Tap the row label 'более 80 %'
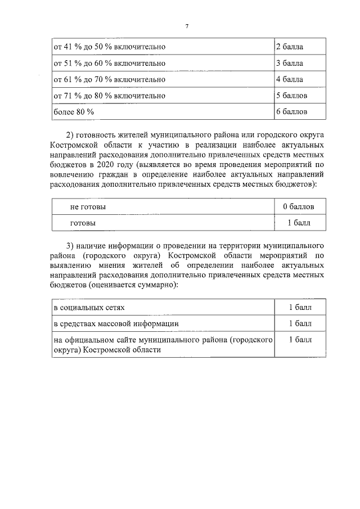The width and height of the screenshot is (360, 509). [x=74, y=112]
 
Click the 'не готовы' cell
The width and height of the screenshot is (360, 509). [x=88, y=207]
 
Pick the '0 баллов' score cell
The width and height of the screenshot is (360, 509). [x=298, y=207]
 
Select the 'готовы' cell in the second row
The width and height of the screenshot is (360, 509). [x=83, y=223]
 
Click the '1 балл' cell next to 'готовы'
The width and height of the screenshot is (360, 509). [x=298, y=223]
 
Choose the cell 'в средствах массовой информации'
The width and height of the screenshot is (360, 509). [x=116, y=323]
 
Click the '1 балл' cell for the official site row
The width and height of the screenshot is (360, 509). [x=300, y=340]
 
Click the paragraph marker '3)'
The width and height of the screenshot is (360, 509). [x=71, y=246]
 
